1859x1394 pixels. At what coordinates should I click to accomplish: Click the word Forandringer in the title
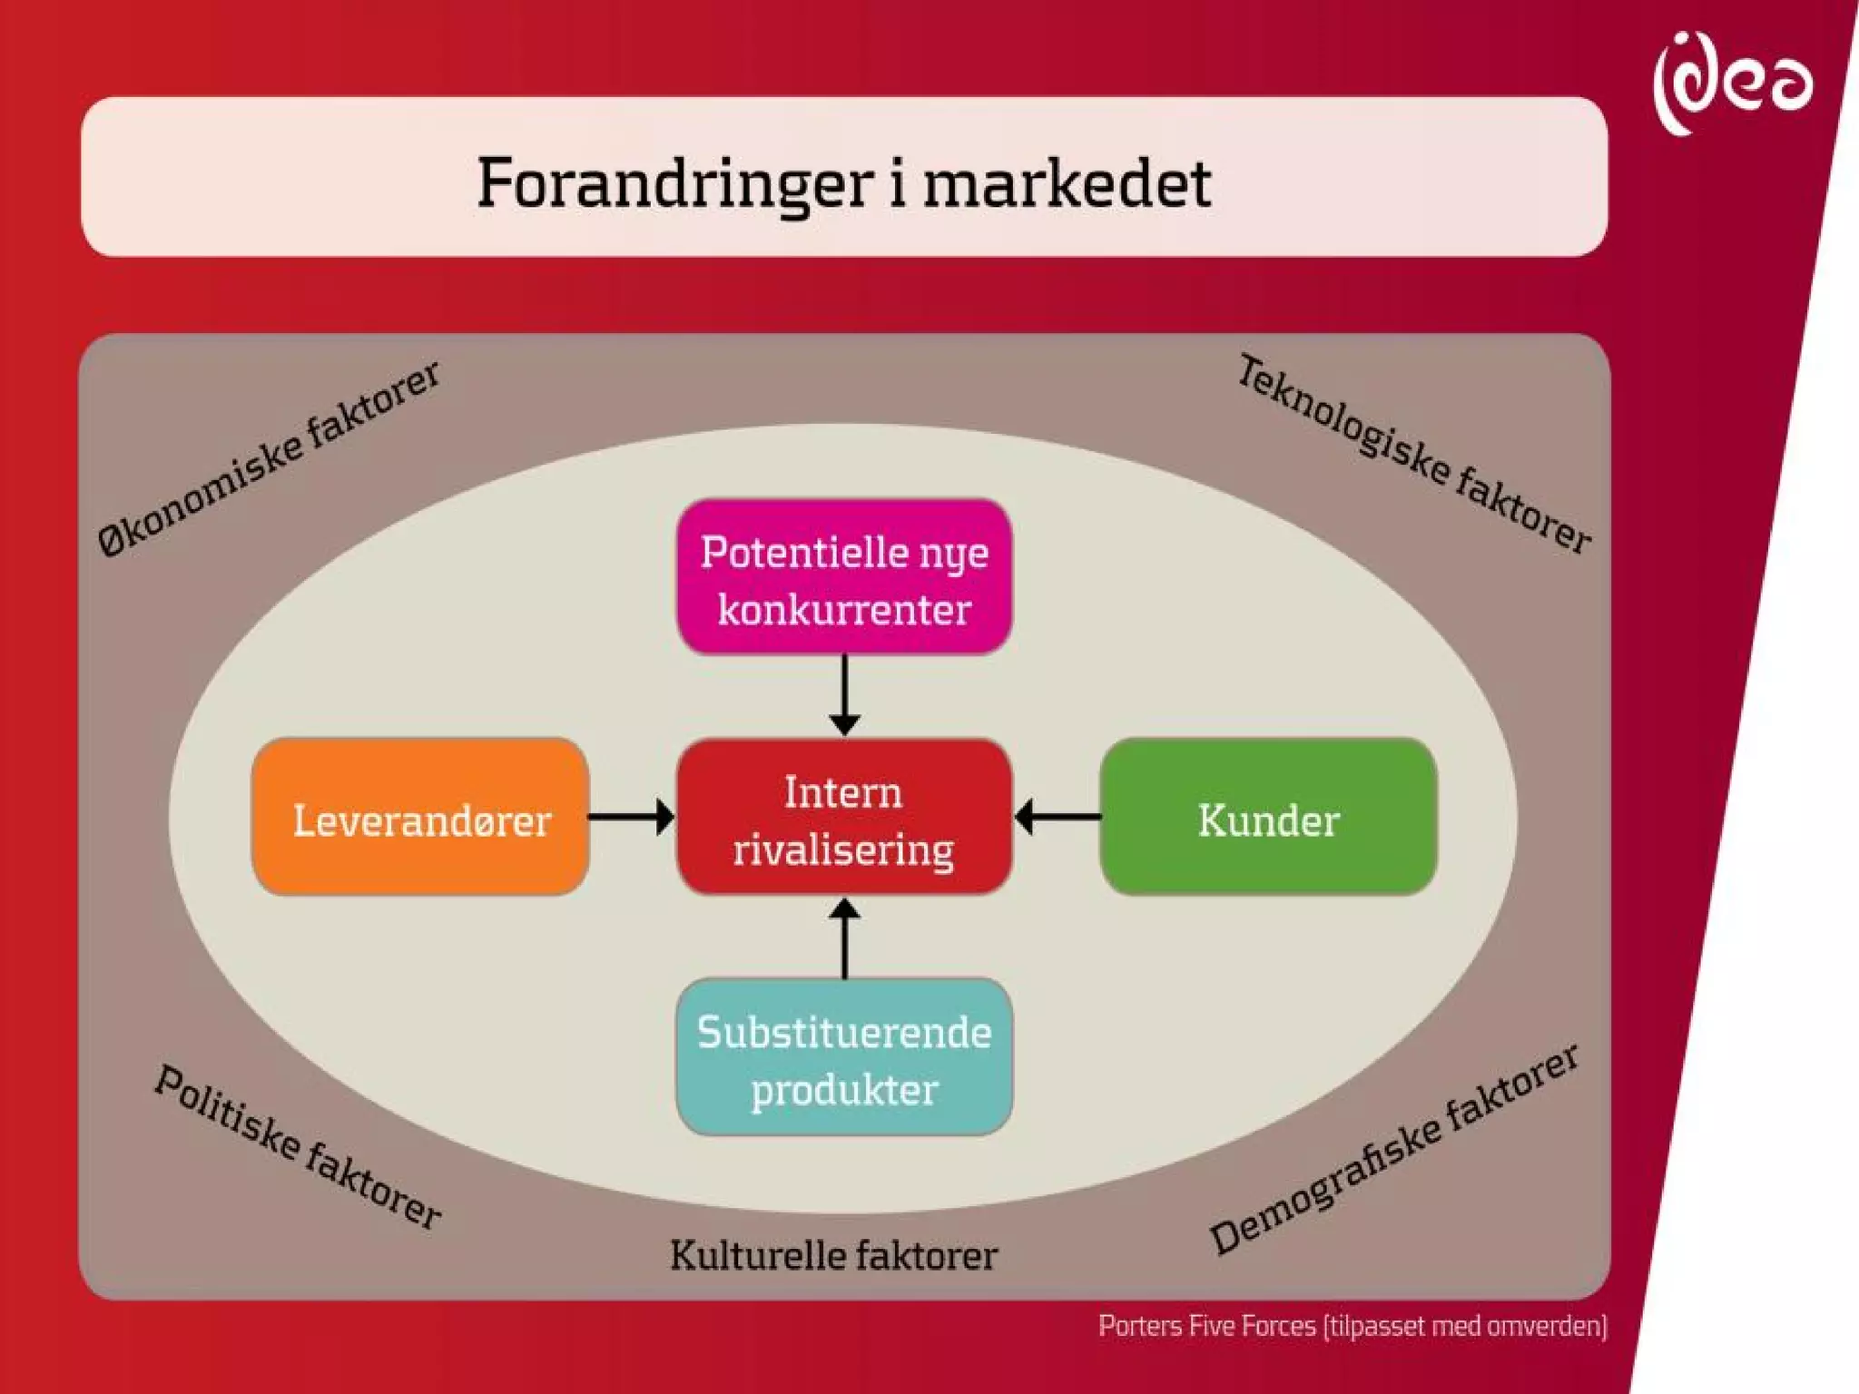(675, 182)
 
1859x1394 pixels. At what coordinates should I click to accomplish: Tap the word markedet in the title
(1067, 182)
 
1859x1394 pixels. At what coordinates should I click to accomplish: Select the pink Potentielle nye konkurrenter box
(844, 577)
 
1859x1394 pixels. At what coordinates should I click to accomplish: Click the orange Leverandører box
(420, 817)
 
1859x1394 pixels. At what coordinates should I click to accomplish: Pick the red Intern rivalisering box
(844, 817)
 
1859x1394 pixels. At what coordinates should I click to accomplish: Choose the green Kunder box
(1268, 817)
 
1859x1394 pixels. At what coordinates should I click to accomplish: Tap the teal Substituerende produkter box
(844, 1056)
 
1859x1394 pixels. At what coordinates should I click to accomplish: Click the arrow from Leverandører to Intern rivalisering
(632, 817)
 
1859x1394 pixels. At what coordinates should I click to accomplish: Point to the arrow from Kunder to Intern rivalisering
(1057, 817)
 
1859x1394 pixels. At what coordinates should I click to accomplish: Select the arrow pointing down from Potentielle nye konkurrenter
(844, 694)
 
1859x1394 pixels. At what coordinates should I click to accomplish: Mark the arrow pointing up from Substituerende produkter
(844, 938)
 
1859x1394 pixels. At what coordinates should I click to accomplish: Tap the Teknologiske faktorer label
(1414, 454)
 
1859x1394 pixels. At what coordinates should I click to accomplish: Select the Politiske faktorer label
(298, 1146)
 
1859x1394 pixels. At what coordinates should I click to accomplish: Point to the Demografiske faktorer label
(1394, 1148)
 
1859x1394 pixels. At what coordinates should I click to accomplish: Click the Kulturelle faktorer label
(833, 1256)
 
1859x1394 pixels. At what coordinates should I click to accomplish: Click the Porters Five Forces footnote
(1352, 1326)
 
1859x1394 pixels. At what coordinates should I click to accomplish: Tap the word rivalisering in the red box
(843, 850)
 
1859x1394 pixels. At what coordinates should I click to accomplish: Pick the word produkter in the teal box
(844, 1089)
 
